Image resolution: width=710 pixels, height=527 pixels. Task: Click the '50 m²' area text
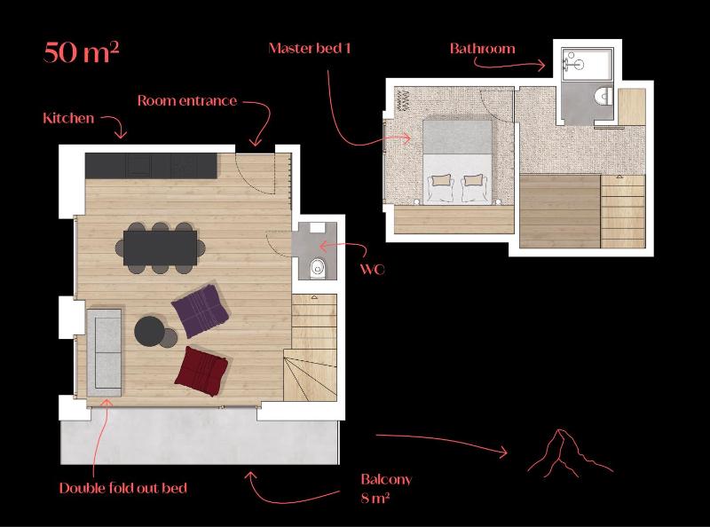pyautogui.click(x=81, y=51)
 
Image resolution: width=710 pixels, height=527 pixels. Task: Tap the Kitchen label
pyautogui.click(x=68, y=118)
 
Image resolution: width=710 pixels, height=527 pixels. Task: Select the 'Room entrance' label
pyautogui.click(x=186, y=101)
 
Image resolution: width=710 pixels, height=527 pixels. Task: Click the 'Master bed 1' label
pyautogui.click(x=310, y=48)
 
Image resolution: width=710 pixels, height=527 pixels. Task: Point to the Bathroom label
pyautogui.click(x=482, y=49)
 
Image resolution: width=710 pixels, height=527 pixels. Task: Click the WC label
pyautogui.click(x=373, y=269)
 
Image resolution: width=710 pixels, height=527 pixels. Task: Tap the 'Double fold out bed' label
pyautogui.click(x=122, y=488)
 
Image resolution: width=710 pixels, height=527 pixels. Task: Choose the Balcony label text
pyautogui.click(x=386, y=480)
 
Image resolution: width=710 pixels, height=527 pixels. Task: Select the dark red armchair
pyautogui.click(x=203, y=369)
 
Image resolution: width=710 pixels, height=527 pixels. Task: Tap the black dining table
pyautogui.click(x=160, y=245)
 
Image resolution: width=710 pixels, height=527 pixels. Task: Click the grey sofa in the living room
pyautogui.click(x=104, y=351)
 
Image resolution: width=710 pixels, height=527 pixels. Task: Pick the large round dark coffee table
pyautogui.click(x=149, y=332)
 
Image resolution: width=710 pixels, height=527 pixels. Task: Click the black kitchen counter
pyautogui.click(x=151, y=164)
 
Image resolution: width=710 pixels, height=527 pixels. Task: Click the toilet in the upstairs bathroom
pyautogui.click(x=603, y=95)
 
